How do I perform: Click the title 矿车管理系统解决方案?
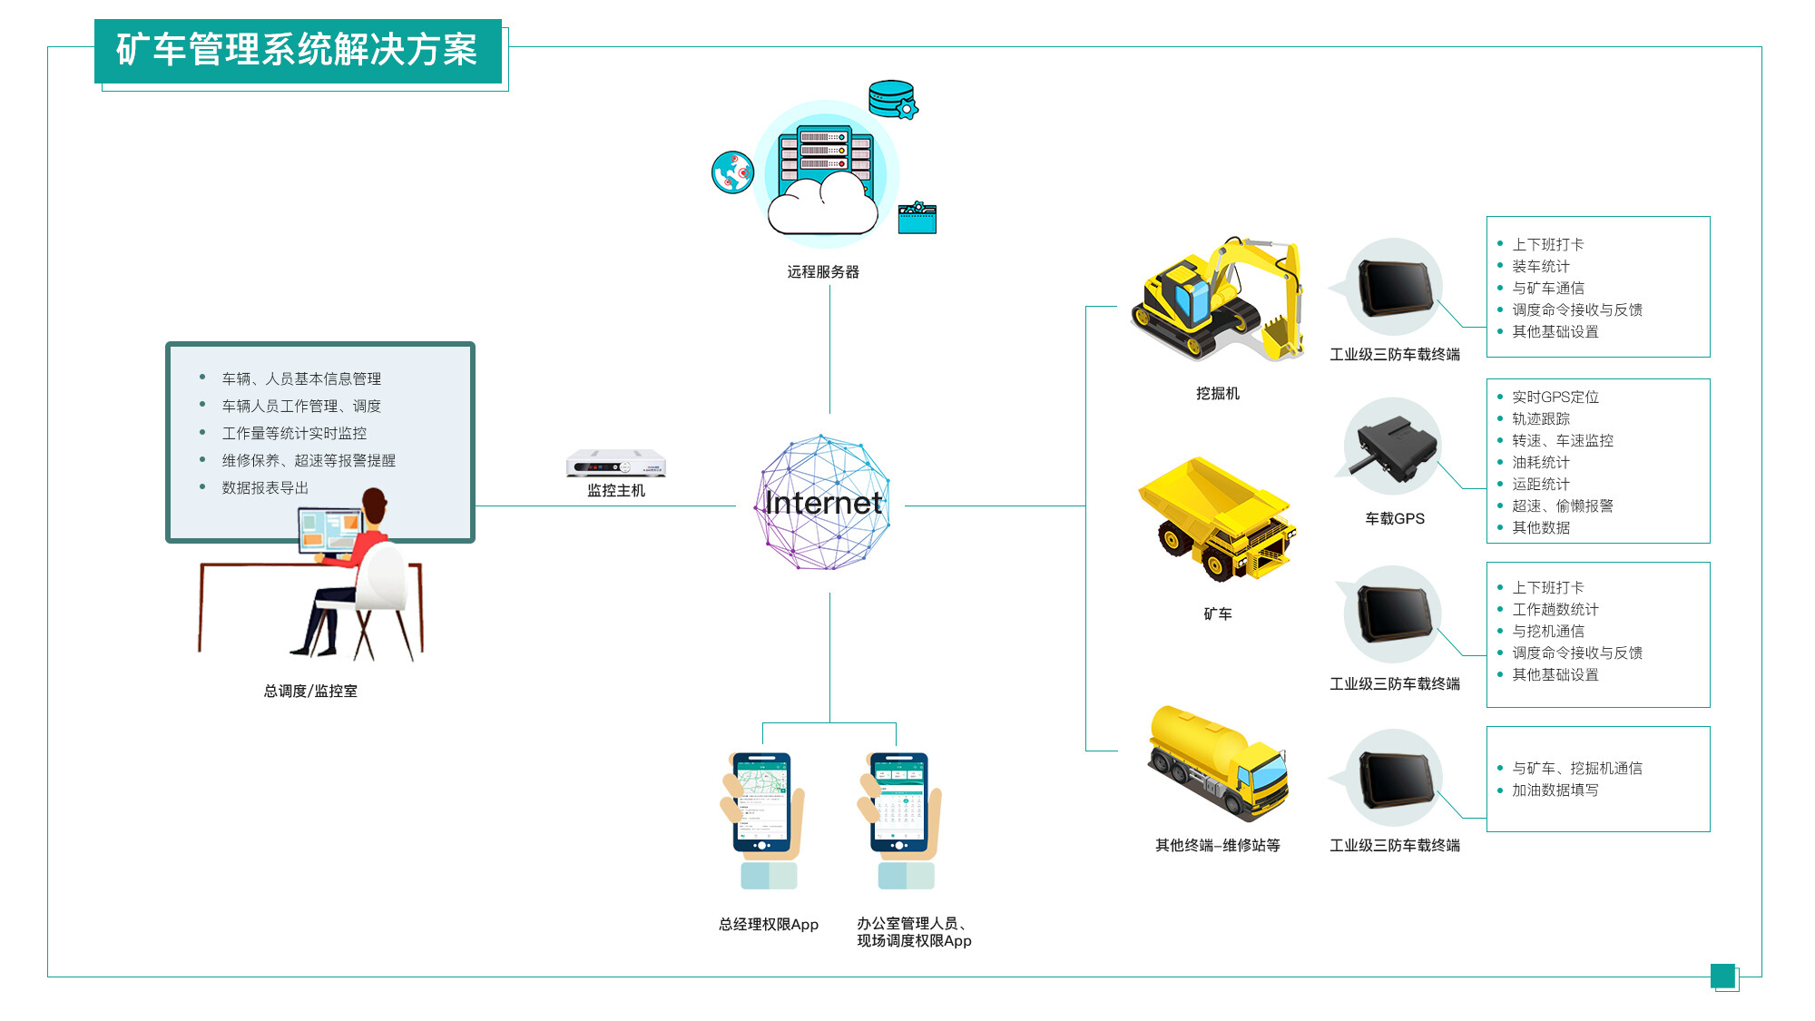coord(297,50)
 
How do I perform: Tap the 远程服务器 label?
coord(822,272)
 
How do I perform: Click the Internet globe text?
coord(823,503)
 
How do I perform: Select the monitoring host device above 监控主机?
coord(616,464)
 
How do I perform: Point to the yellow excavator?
coord(1216,299)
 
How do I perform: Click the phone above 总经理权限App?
coord(762,803)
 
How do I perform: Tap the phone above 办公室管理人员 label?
coord(898,803)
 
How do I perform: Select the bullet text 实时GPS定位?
coord(1555,398)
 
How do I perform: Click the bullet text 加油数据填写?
coord(1555,790)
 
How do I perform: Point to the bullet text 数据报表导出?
coord(265,488)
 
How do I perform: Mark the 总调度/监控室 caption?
coord(310,692)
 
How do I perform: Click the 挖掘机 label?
coord(1217,394)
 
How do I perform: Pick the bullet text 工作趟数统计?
coord(1555,610)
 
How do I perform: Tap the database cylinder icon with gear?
coord(893,100)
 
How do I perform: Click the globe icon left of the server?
coord(732,172)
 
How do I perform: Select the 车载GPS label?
coord(1395,519)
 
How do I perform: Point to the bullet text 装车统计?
coord(1540,267)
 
